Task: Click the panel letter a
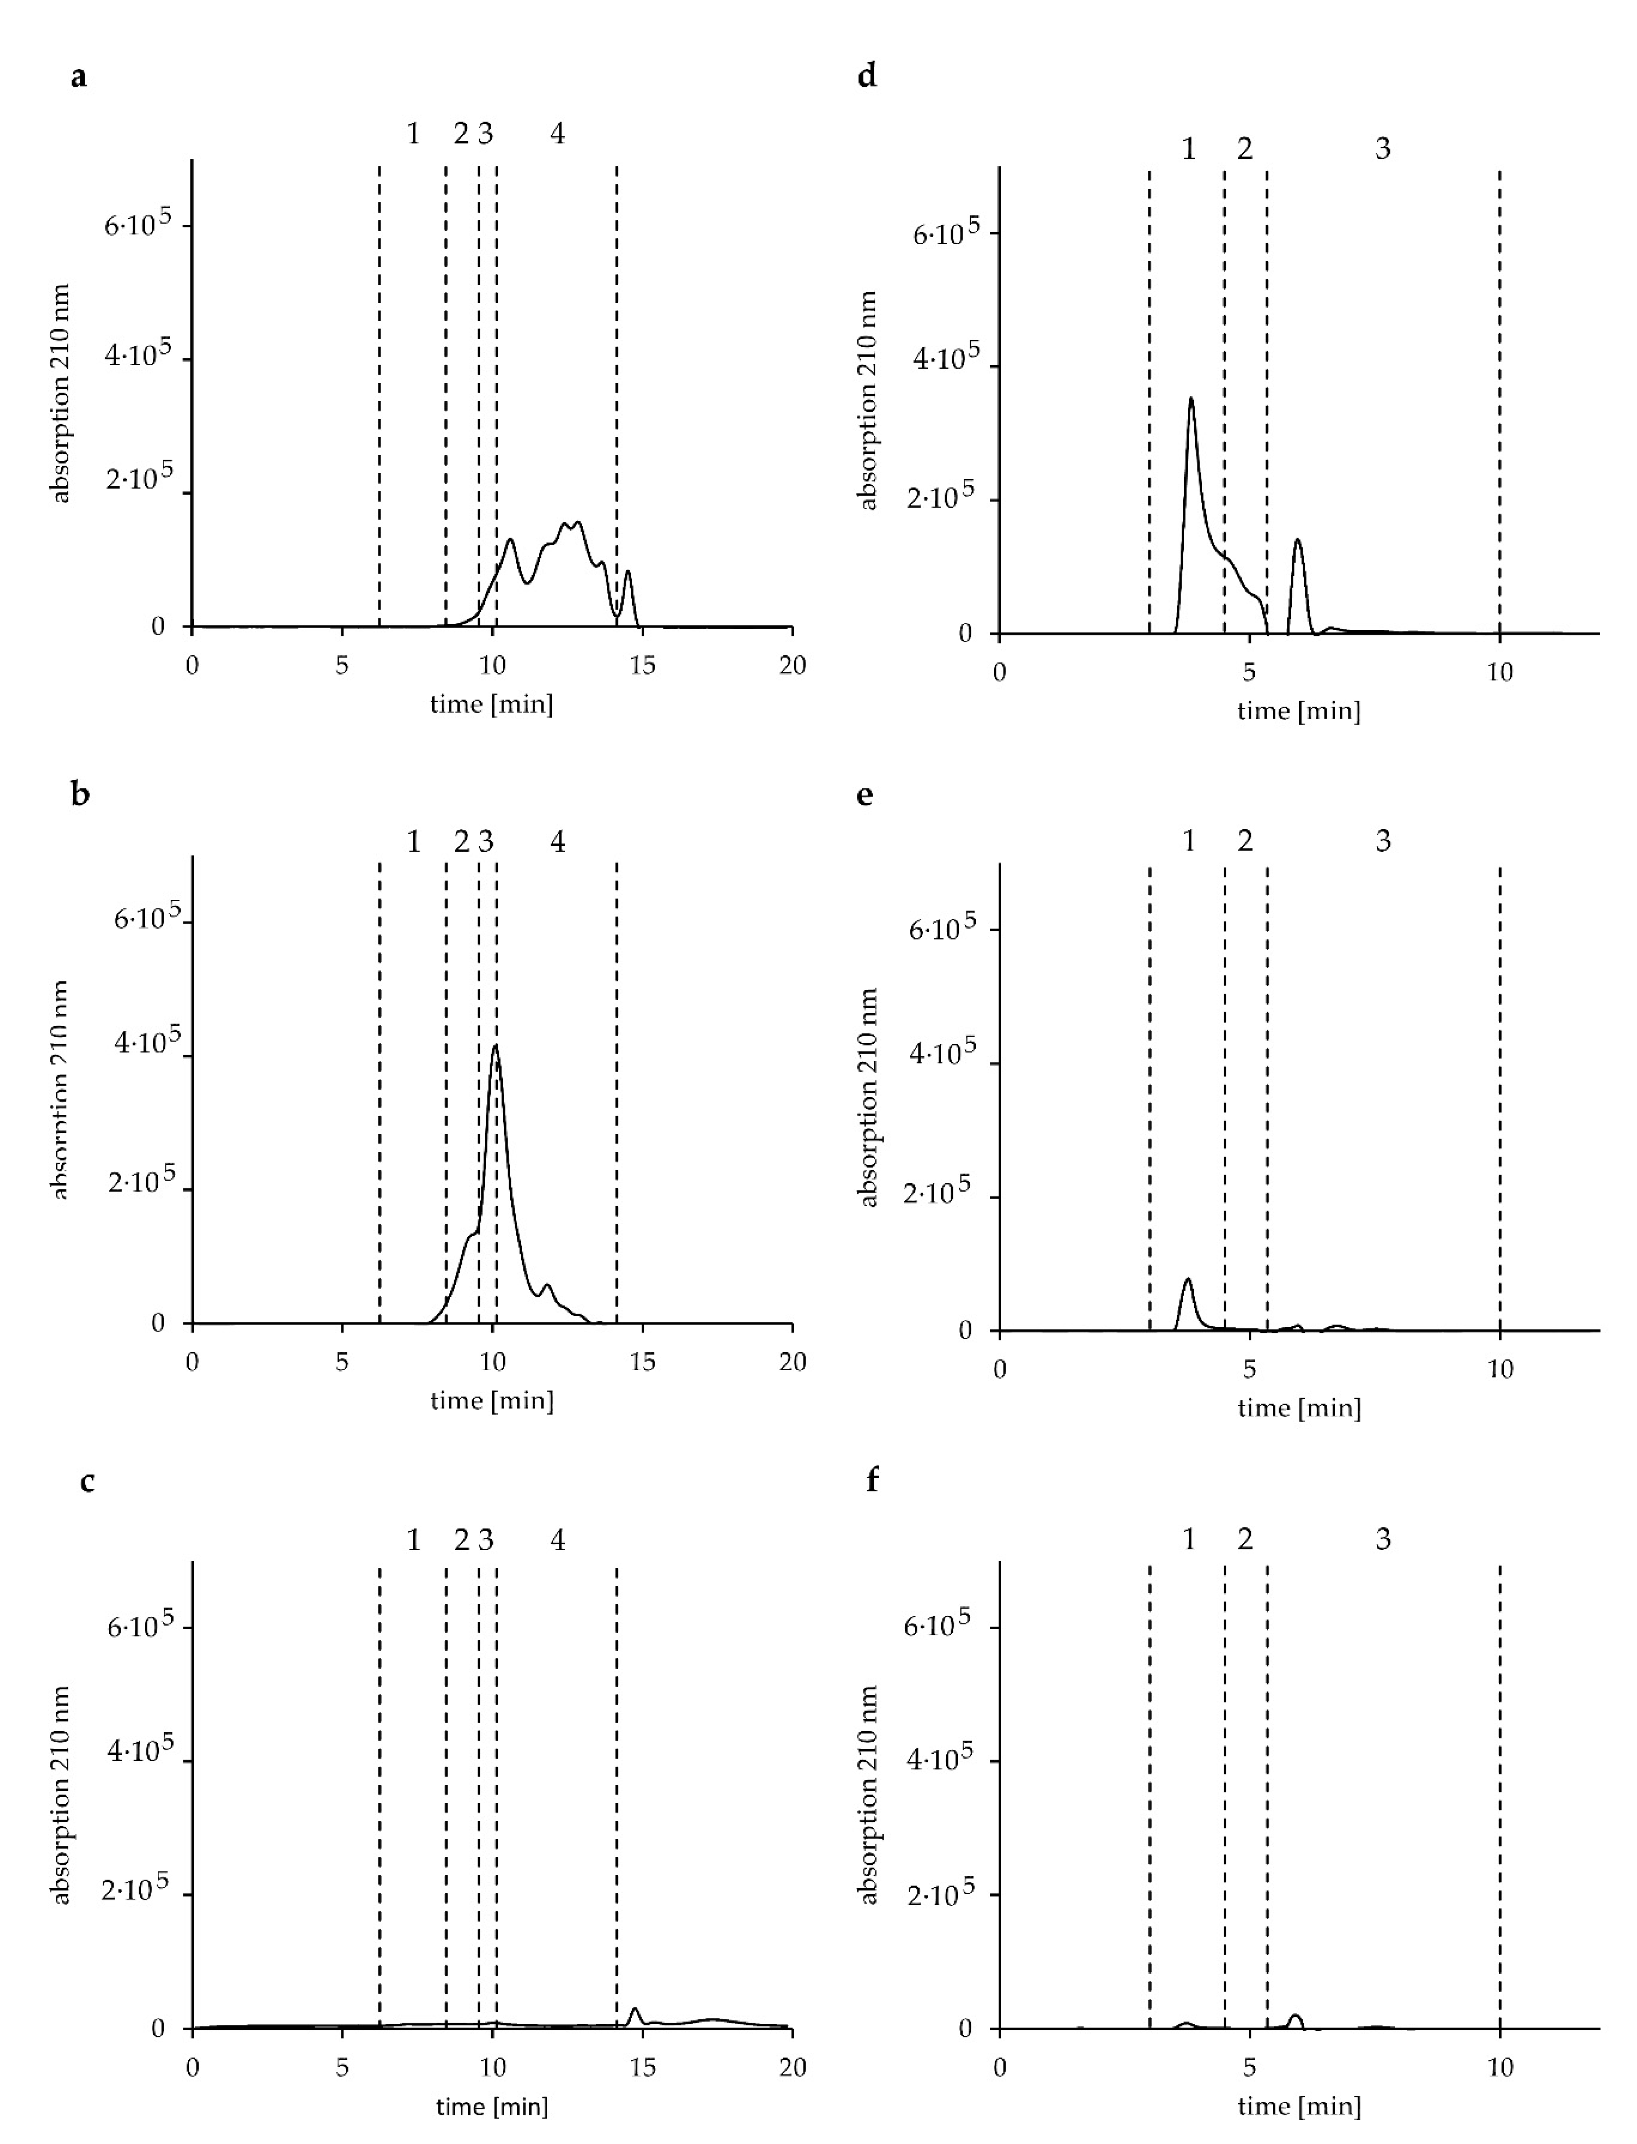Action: tap(79, 76)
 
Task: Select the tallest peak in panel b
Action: tap(496, 1047)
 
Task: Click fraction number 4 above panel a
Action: tap(557, 133)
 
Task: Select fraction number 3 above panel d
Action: tap(1383, 149)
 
